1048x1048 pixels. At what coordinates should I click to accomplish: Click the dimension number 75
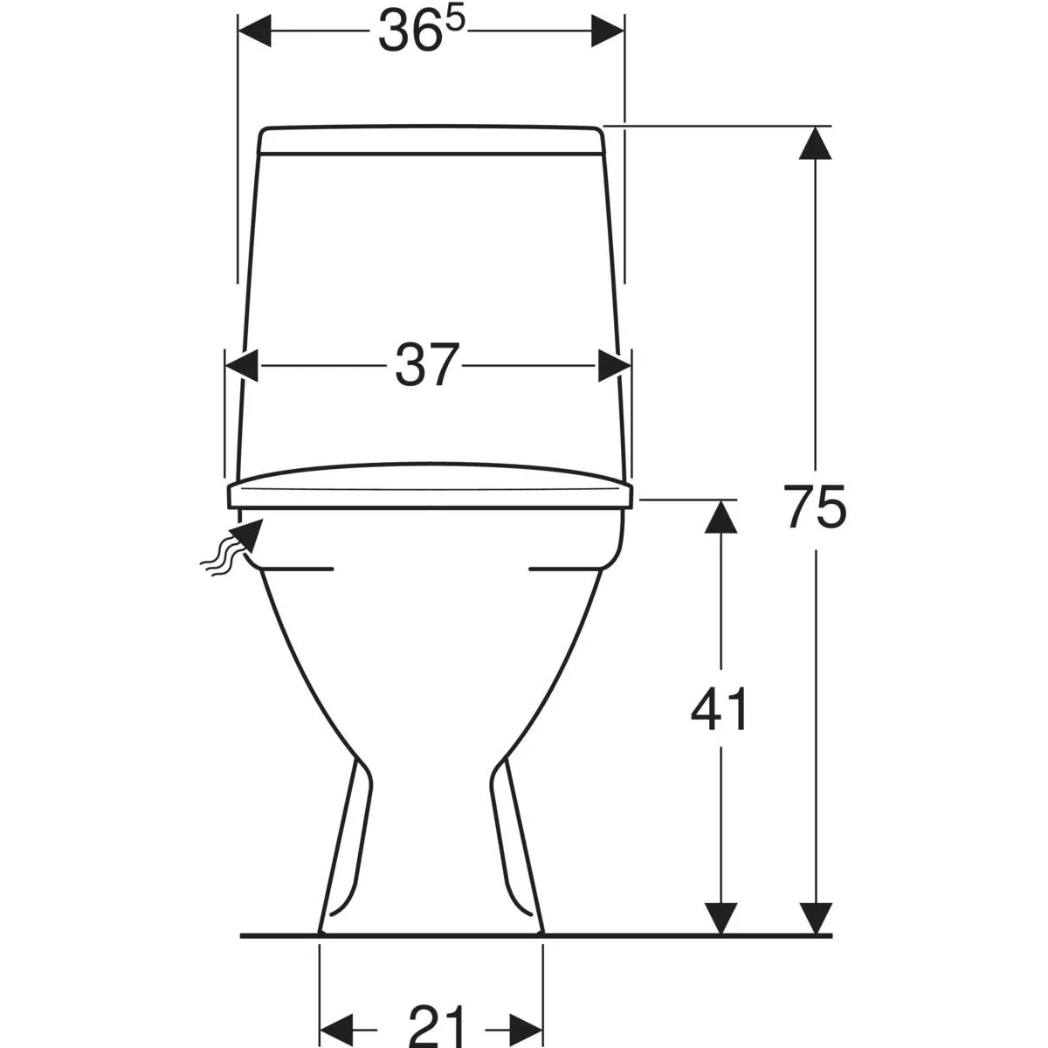click(815, 507)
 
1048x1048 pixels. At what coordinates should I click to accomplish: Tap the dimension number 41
click(719, 709)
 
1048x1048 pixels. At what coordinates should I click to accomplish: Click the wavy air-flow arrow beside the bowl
click(232, 547)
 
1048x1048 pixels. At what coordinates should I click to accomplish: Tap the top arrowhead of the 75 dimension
click(815, 143)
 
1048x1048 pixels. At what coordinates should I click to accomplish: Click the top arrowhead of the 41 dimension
click(720, 517)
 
